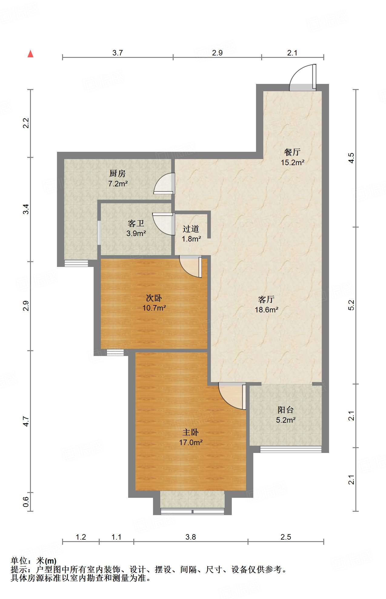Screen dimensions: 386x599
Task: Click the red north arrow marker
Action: tap(30, 54)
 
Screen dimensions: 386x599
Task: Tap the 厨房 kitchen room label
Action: tap(117, 173)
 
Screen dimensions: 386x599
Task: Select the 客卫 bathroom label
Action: tap(136, 224)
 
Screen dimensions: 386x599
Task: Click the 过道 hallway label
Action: tap(191, 229)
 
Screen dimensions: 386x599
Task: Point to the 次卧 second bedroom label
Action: tap(154, 298)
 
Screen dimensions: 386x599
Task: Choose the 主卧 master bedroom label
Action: tap(190, 432)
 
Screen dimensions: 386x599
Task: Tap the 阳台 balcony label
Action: tap(286, 410)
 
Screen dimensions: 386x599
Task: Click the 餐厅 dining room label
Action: tap(292, 152)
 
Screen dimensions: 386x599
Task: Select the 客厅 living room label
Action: tap(266, 299)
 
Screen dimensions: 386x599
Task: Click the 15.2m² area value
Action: tap(292, 162)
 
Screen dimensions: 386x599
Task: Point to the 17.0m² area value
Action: tap(191, 443)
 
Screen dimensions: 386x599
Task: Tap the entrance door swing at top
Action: tap(303, 77)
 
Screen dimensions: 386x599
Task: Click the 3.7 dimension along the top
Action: tap(118, 53)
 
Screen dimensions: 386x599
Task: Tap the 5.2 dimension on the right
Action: tap(351, 305)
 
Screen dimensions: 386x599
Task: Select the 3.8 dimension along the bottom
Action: tap(191, 537)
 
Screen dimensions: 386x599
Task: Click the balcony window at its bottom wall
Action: tap(291, 449)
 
